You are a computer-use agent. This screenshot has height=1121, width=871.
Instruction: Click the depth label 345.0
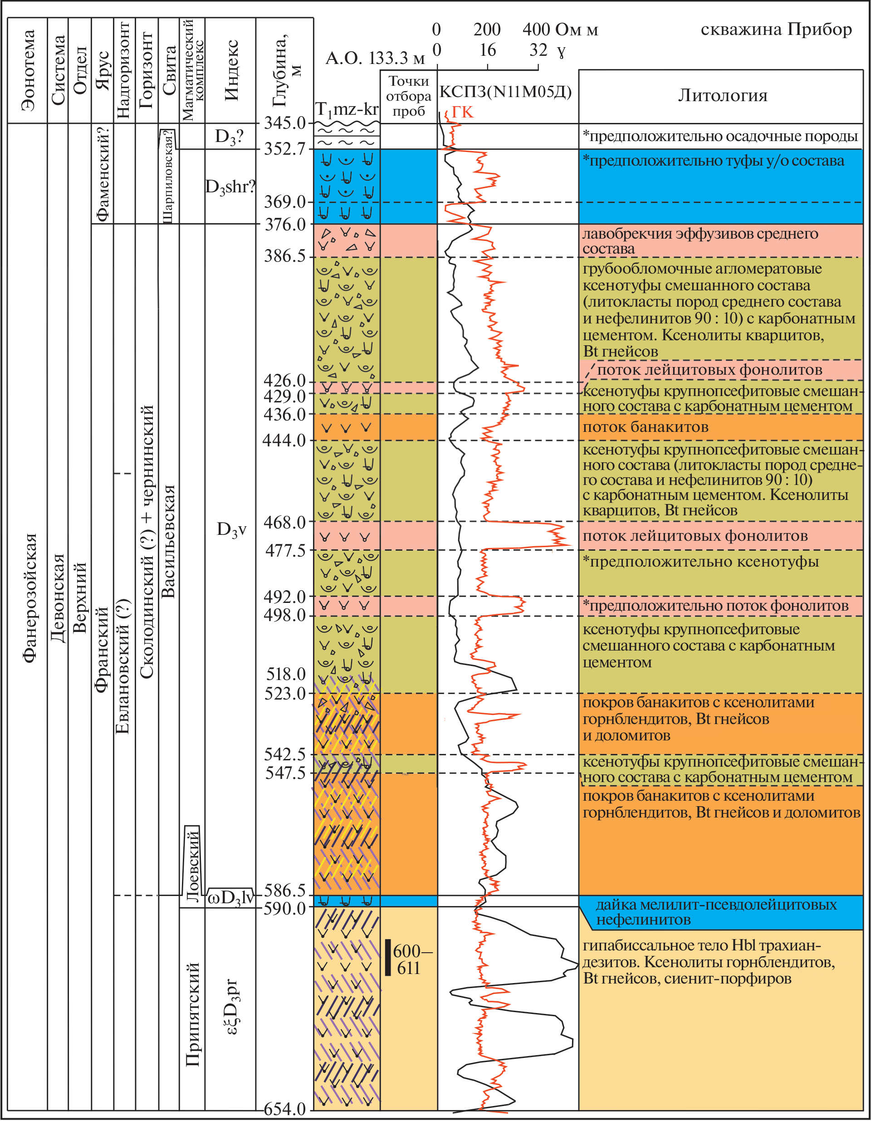[285, 122]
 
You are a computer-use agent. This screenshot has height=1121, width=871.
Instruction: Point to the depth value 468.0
[285, 523]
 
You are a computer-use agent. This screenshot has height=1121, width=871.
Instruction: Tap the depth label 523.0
[285, 694]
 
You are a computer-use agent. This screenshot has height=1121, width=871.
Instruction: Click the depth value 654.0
[285, 1109]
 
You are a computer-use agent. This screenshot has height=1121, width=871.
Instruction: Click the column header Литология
[723, 95]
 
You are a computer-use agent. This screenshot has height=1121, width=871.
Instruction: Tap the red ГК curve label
[462, 113]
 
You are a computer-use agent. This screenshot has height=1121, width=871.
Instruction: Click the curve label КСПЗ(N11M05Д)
[505, 93]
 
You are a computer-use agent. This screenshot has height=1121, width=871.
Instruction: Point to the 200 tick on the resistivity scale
[487, 30]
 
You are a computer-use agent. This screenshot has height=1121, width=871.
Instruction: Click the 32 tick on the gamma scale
[538, 50]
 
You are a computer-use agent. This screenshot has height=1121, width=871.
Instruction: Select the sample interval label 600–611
[411, 960]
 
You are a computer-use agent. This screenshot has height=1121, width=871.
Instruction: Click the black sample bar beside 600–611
[388, 957]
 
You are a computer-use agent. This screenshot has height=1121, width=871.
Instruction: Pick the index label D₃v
[231, 529]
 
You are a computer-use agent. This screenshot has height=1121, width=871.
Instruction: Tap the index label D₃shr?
[230, 187]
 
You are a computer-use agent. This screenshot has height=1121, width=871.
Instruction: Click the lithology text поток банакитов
[645, 427]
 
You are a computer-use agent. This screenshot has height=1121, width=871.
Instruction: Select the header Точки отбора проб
[409, 96]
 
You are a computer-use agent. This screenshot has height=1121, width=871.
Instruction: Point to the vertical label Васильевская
[168, 542]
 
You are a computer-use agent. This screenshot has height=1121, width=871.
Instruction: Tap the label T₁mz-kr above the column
[347, 109]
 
